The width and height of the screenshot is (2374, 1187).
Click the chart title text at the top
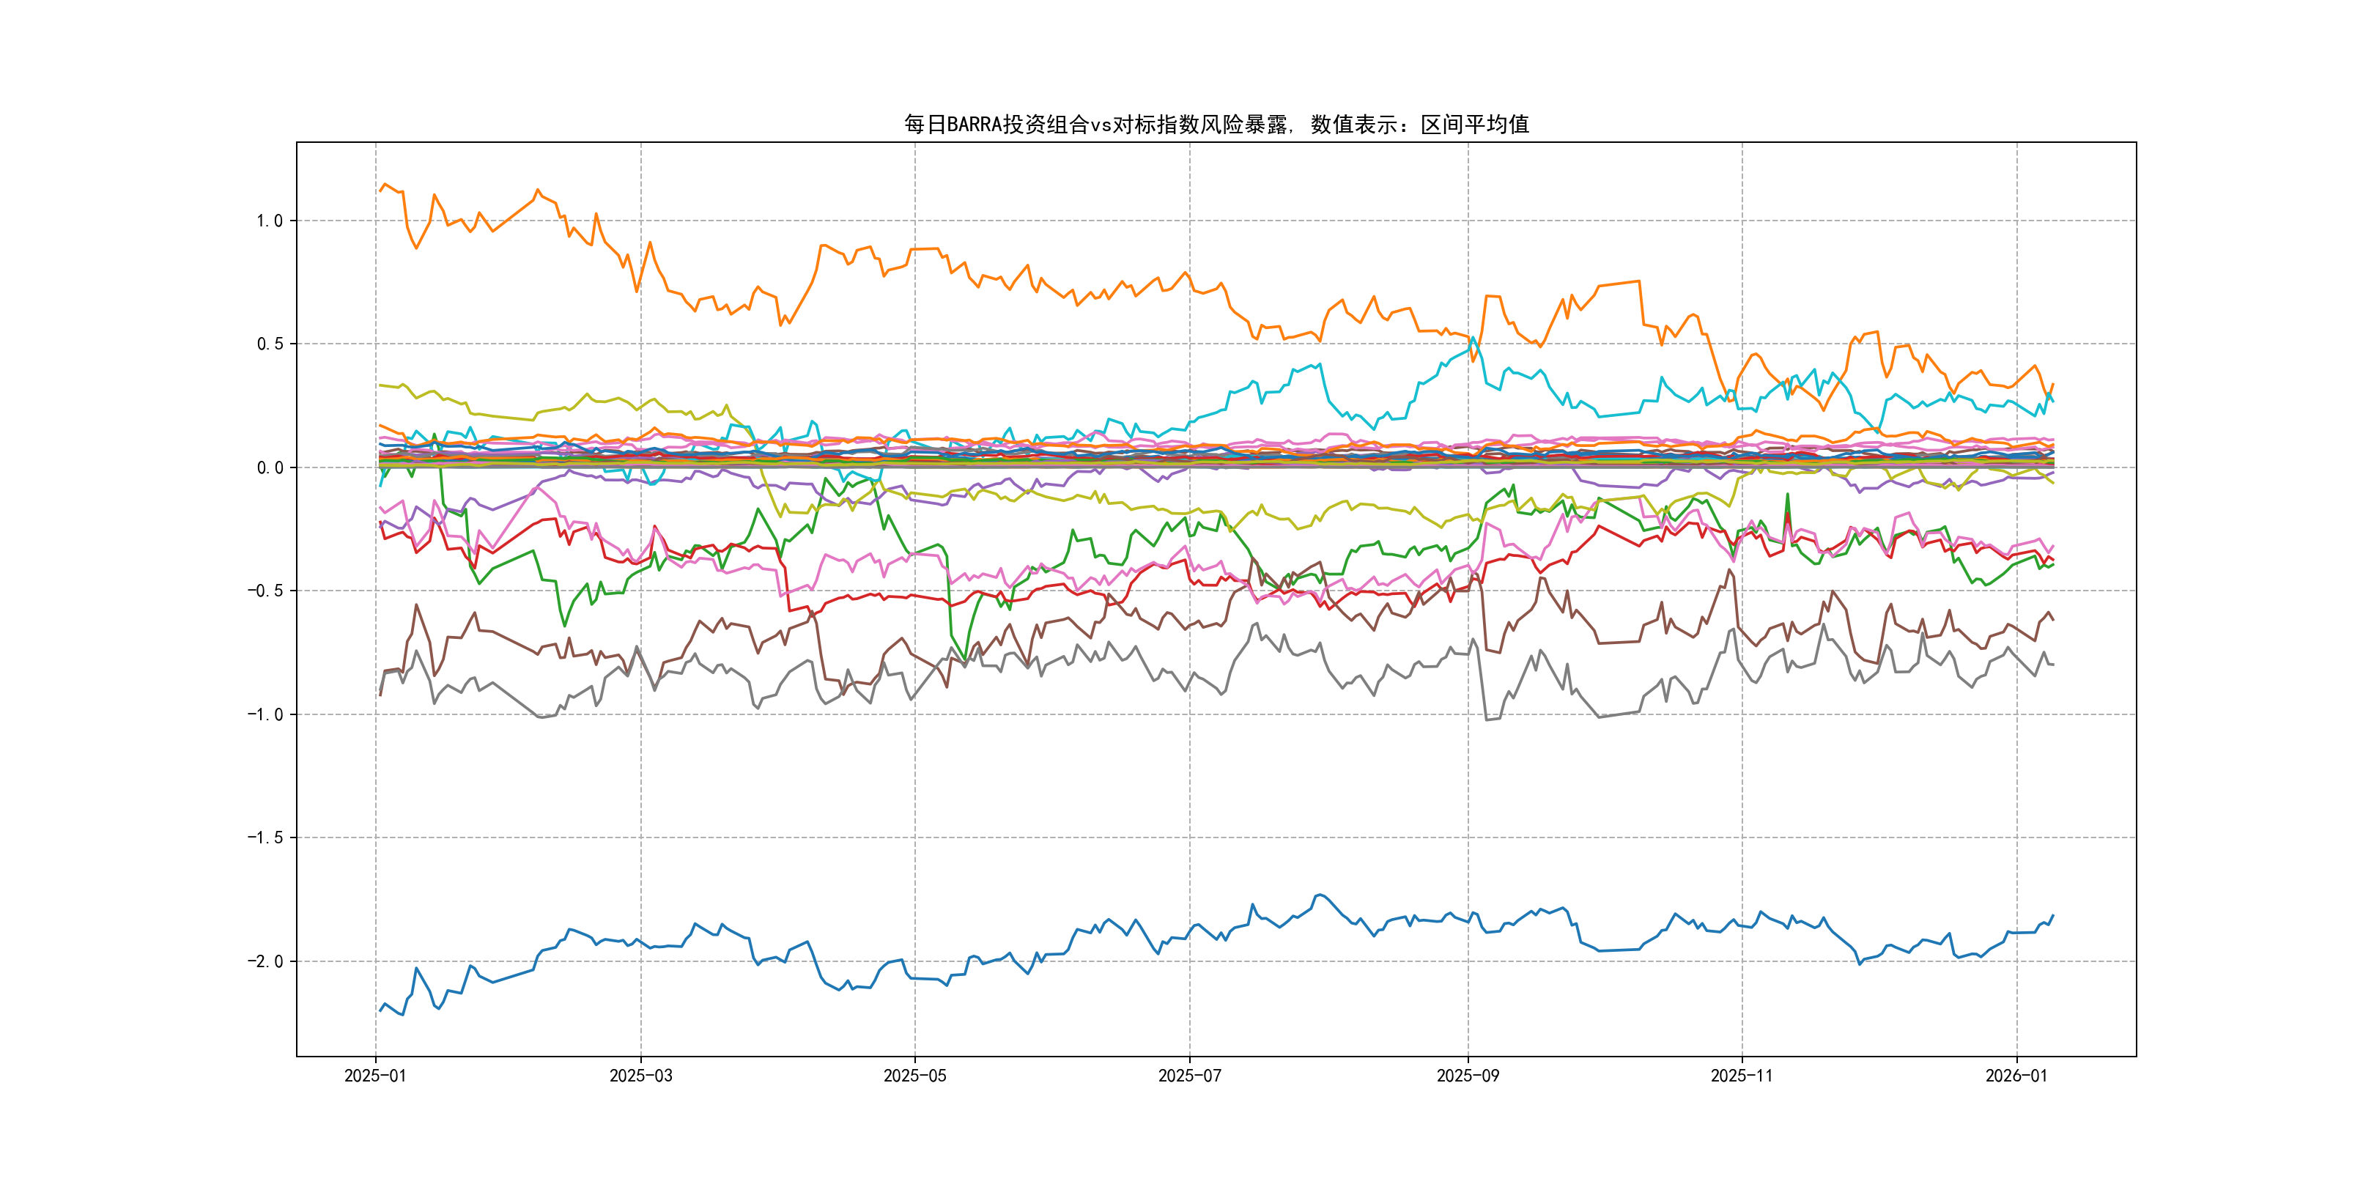pos(1216,125)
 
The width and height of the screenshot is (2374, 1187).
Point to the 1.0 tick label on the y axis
pos(269,221)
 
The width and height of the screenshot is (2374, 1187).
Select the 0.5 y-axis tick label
pos(269,344)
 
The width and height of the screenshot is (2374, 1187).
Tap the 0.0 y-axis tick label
pos(269,467)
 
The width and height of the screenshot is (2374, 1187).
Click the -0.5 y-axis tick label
pos(265,591)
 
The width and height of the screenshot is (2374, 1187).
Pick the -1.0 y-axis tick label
pos(265,714)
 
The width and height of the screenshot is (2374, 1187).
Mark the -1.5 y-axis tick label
pos(265,837)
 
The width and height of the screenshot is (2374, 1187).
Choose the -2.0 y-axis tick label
pos(265,961)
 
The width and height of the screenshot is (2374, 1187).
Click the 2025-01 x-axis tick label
pos(375,1076)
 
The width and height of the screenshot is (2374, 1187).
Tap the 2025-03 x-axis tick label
pos(640,1076)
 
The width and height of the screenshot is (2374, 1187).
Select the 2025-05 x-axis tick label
pos(914,1076)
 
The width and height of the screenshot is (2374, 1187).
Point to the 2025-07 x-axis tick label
pos(1189,1076)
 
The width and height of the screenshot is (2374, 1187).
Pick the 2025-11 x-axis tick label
pos(1741,1076)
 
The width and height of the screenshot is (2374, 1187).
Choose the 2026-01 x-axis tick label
pos(2016,1076)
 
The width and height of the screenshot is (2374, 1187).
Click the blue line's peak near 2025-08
pos(1320,894)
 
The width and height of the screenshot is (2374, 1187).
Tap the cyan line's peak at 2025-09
pos(1473,339)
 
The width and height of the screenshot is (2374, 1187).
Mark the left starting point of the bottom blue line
pos(380,1011)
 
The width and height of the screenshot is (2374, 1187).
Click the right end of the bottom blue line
pos(2053,915)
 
